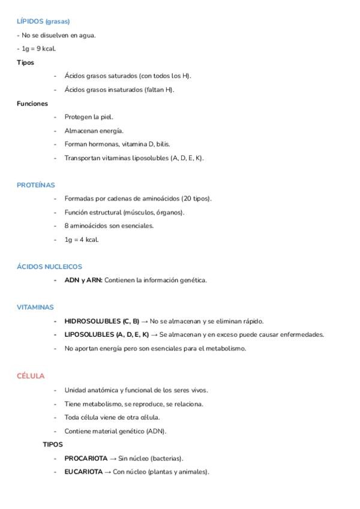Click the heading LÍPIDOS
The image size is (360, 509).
pyautogui.click(x=29, y=22)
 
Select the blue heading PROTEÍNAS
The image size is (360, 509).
pyautogui.click(x=36, y=185)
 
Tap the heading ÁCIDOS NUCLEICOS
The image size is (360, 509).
pyautogui.click(x=50, y=267)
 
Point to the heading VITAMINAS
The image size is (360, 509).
pyautogui.click(x=35, y=307)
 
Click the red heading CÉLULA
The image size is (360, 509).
pyautogui.click(x=31, y=376)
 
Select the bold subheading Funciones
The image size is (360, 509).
pyautogui.click(x=32, y=103)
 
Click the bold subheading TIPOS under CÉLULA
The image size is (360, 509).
pyautogui.click(x=53, y=445)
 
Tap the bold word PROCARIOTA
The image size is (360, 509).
pyautogui.click(x=86, y=459)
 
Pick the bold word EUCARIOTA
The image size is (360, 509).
pyautogui.click(x=83, y=472)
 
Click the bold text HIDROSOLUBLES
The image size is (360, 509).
pyautogui.click(x=92, y=321)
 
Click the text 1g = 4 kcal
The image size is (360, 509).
pyautogui.click(x=82, y=239)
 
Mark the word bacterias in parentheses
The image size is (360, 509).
pyautogui.click(x=166, y=459)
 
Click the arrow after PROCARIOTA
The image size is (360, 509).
pyautogui.click(x=113, y=459)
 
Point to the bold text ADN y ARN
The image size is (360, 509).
pyautogui.click(x=83, y=280)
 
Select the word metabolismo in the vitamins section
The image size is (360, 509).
pyautogui.click(x=226, y=348)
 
